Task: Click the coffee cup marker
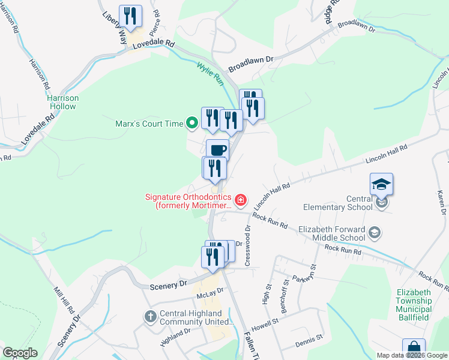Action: pos(217,149)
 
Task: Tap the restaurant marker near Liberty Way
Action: pos(131,16)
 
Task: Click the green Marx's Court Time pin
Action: pos(192,124)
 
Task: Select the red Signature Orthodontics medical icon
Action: pos(241,200)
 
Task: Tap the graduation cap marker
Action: pos(381,184)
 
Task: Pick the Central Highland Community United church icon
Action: pos(150,316)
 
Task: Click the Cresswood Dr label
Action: pos(246,245)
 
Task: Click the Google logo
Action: pos(20,353)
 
